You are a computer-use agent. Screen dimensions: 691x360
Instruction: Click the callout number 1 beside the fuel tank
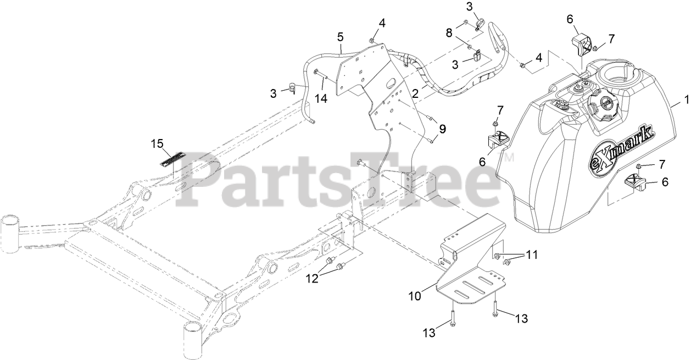click(x=685, y=100)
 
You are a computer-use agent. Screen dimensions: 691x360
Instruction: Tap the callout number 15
click(x=157, y=144)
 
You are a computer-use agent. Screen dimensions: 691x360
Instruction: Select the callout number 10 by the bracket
click(x=415, y=296)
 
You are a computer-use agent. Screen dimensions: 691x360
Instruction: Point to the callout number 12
click(x=312, y=278)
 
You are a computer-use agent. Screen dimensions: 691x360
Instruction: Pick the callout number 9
click(x=442, y=129)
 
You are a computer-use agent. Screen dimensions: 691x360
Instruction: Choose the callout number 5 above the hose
click(x=341, y=37)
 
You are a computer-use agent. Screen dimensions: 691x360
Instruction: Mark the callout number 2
click(x=415, y=94)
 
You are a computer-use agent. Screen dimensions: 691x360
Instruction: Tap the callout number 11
click(x=531, y=254)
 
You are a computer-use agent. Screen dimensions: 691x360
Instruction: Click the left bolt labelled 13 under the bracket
click(x=452, y=317)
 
